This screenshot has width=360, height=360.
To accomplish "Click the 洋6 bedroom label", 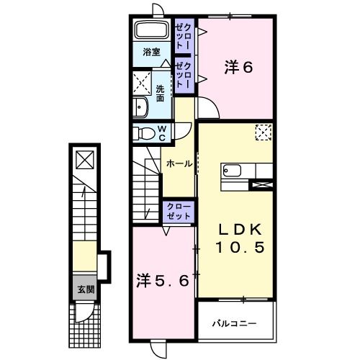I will pyautogui.click(x=238, y=68).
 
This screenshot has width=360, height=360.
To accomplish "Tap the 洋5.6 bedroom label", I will pyautogui.click(x=163, y=281).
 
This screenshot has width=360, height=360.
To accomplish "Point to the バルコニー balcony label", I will pyautogui.click(x=235, y=324).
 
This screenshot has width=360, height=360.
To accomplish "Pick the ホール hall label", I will pyautogui.click(x=179, y=164).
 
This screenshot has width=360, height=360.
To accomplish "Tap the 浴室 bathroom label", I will pyautogui.click(x=150, y=52).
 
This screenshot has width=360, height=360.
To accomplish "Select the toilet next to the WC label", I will pyautogui.click(x=147, y=132).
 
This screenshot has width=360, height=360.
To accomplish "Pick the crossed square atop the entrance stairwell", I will pyautogui.click(x=84, y=159).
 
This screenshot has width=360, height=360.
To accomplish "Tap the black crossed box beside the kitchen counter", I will pyautogui.click(x=261, y=184).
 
